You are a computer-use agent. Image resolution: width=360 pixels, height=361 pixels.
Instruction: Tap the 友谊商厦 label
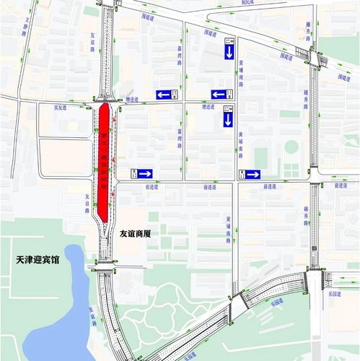(x=138, y=234)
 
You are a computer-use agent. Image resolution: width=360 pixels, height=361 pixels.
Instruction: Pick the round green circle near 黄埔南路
(x=291, y=147)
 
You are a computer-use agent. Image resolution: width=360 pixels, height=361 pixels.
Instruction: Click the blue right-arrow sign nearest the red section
(x=142, y=173)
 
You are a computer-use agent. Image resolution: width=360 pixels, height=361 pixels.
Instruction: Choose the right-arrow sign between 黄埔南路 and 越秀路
(x=253, y=173)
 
